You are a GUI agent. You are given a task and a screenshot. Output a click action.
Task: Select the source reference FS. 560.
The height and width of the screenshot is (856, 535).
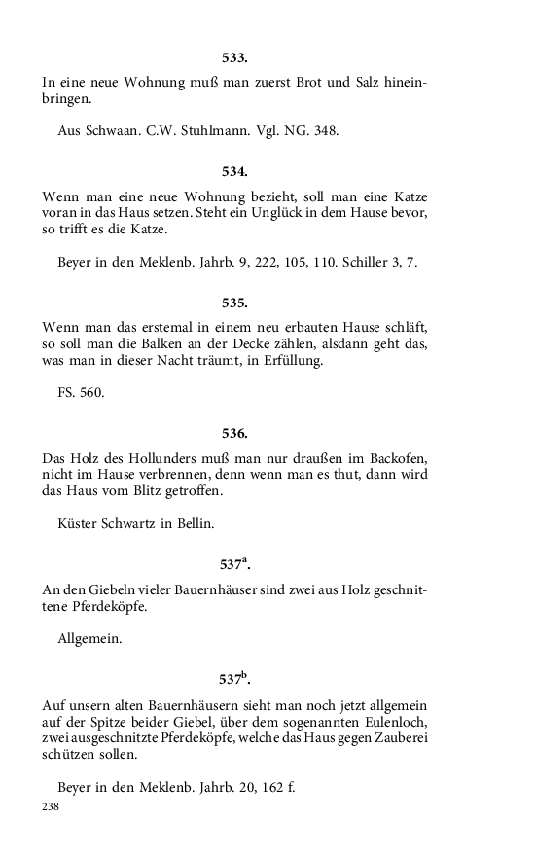[82, 394]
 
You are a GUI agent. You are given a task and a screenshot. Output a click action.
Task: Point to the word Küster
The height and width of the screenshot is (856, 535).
[79, 524]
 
